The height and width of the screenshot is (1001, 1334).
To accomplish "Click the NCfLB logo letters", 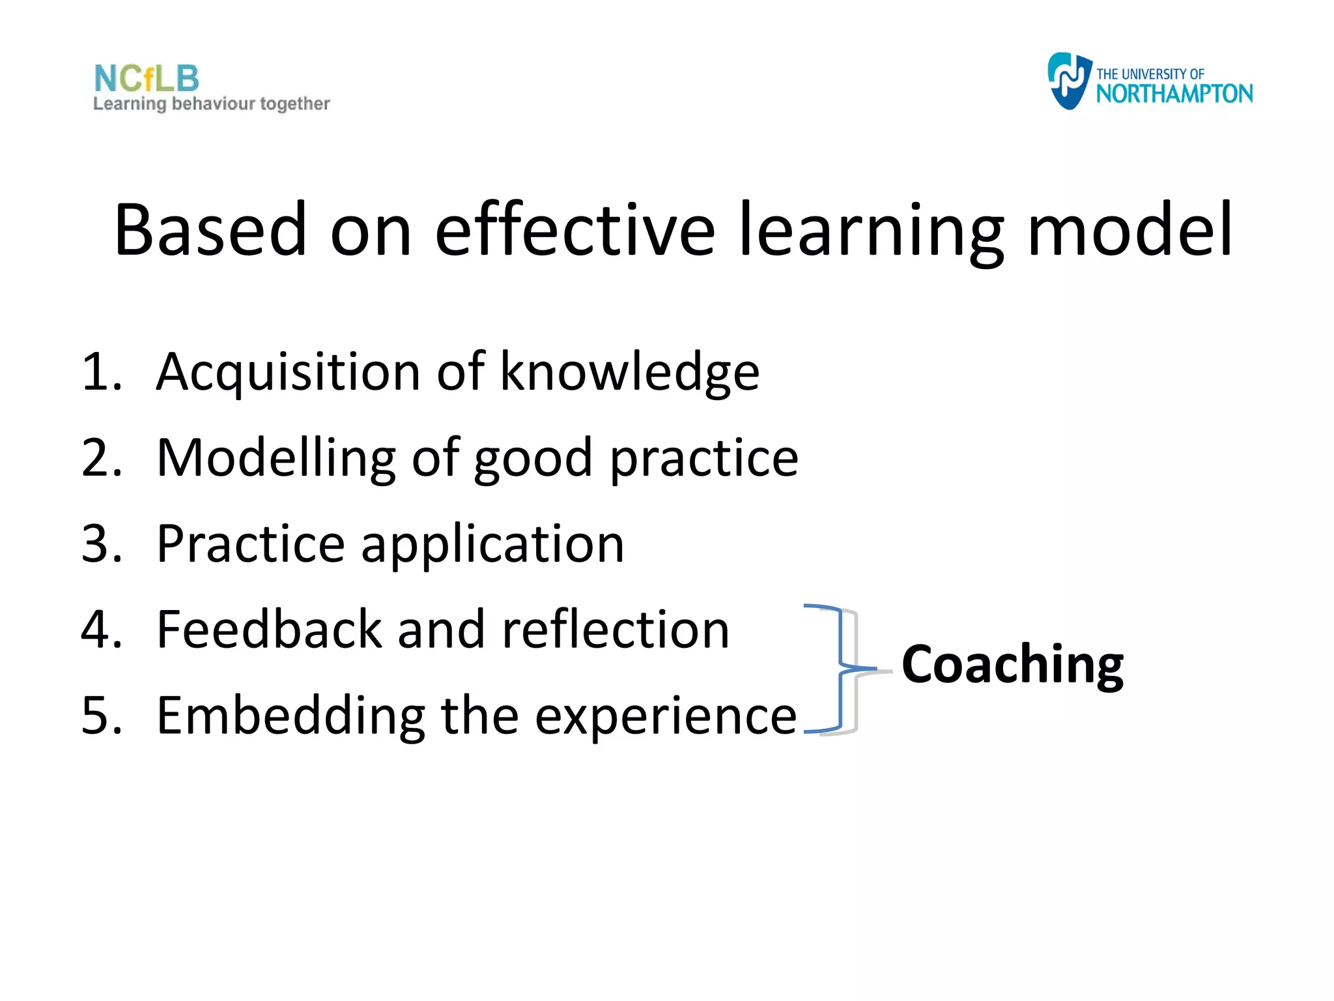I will [x=147, y=79].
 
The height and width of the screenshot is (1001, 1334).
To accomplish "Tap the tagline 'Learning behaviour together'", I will [x=212, y=104].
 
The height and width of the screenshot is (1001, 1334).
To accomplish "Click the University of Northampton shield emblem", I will [x=1068, y=81].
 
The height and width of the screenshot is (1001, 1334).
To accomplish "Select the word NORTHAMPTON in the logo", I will [x=1174, y=94].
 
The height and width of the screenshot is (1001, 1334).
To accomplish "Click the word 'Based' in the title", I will [x=210, y=229].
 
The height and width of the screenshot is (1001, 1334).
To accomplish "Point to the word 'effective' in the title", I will [x=575, y=229].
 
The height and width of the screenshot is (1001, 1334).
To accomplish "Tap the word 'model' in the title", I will [x=1129, y=229].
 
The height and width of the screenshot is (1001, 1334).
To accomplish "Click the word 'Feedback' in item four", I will [x=269, y=630].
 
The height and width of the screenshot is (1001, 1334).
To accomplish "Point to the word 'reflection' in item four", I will [x=616, y=630].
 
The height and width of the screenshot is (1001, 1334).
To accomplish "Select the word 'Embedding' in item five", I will [x=291, y=717].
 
